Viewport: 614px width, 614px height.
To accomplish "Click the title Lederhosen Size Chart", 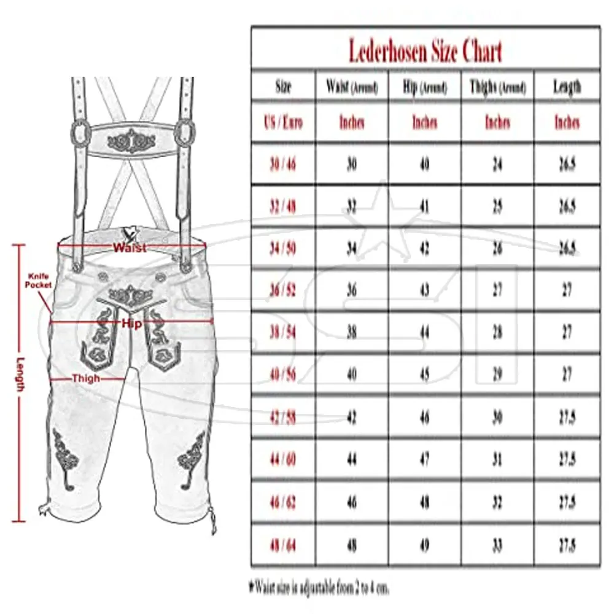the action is click(x=425, y=50).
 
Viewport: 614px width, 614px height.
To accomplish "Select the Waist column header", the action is click(x=352, y=87).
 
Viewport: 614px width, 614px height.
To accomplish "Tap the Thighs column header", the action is click(x=497, y=87).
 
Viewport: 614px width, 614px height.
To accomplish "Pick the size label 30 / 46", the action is click(x=283, y=164).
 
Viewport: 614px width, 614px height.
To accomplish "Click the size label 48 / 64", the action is click(x=283, y=545).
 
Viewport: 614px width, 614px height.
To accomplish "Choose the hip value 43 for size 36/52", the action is click(x=424, y=290).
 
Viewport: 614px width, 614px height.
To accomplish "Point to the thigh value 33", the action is click(x=497, y=545).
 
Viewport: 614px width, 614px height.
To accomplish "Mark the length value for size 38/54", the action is click(x=567, y=332).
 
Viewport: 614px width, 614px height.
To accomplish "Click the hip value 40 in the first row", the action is click(x=424, y=164).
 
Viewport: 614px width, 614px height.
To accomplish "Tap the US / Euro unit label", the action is click(x=283, y=122).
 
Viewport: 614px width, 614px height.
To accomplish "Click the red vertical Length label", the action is click(x=21, y=375).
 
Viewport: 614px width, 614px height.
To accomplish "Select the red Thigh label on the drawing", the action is click(x=85, y=378).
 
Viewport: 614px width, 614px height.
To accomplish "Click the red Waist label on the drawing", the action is click(x=130, y=248).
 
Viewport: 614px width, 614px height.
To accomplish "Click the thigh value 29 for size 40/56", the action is click(x=497, y=375).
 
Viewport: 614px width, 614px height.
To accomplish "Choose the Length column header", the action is click(x=567, y=87).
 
